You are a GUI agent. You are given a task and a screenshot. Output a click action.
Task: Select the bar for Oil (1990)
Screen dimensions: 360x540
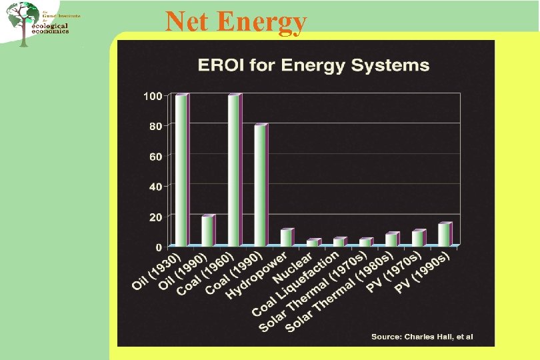point(207,231)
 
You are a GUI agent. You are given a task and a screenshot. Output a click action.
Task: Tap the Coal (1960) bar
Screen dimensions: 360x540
point(234,171)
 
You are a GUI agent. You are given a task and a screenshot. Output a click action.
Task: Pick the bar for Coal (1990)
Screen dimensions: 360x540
point(260,185)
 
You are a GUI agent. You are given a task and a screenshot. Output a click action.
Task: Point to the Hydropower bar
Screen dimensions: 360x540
point(286,238)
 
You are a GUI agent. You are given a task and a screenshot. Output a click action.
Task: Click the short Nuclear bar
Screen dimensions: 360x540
point(313,243)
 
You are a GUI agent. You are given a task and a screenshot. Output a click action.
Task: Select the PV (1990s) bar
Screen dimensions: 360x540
point(444,235)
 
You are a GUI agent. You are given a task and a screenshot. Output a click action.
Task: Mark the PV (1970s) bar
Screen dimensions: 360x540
point(417,238)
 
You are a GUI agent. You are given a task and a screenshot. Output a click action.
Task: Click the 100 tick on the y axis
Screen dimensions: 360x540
point(153,96)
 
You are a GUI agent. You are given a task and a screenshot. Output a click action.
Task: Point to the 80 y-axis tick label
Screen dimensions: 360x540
point(155,126)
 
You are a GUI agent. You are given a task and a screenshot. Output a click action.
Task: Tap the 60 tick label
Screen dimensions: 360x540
point(155,156)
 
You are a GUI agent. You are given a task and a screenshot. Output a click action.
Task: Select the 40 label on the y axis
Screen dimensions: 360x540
point(155,187)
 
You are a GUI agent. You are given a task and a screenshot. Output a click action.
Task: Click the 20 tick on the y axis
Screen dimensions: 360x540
point(155,217)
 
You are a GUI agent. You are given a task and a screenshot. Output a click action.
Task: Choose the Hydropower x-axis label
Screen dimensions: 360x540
point(257,274)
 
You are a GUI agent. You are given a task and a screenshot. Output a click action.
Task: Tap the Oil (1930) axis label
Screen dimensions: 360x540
point(157,271)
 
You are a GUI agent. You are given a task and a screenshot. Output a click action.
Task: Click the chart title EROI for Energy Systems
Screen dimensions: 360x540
point(313,65)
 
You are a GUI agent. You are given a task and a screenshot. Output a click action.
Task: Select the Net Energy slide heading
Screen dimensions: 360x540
point(236,21)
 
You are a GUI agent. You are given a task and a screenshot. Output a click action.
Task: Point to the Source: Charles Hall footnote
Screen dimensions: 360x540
point(421,337)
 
